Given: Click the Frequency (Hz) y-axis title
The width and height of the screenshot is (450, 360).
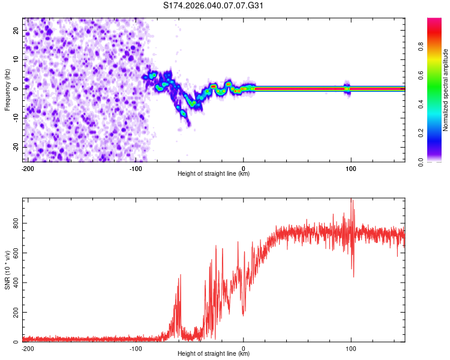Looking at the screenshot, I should tap(8, 90).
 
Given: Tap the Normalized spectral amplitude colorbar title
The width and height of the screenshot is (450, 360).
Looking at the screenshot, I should tap(445, 90).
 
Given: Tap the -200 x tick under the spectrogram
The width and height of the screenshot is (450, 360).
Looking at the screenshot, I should tap(28, 168).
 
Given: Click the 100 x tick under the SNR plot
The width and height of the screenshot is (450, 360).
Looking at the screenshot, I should tap(351, 348).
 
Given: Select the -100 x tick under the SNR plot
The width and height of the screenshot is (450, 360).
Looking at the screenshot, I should tap(136, 348).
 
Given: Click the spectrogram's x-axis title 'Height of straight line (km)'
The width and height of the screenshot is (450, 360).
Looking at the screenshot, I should tap(214, 174).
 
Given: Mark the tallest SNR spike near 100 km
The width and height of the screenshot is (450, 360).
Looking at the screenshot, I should tap(352, 201).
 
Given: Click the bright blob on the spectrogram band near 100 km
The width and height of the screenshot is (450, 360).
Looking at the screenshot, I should tap(347, 88).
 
